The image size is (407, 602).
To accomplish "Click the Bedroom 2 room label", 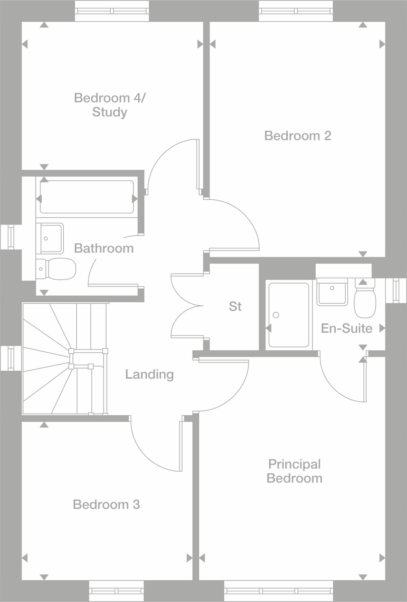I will pos(297,136).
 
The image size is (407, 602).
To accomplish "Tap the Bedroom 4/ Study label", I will pos(110,105).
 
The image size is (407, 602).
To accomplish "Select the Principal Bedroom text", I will pos(294,471).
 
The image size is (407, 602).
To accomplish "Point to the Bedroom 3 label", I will pos(106,504).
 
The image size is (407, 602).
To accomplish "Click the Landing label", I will pos(149,374).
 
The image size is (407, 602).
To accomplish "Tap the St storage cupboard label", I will pos(235,306).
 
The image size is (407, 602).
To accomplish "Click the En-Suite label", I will pos(346,328).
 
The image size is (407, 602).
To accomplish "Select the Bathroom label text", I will pos(104,248).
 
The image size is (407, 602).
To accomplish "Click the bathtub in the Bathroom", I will pos(87,197).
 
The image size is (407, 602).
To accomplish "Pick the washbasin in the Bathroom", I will pos(50,238).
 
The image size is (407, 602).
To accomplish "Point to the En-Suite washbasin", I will pos(332,293).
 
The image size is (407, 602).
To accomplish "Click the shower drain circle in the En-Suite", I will pos(276,315).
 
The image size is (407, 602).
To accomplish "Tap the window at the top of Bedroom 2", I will pos(296,11).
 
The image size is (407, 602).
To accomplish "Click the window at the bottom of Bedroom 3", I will pos(116,591).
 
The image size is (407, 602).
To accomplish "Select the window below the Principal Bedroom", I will pos(278,591).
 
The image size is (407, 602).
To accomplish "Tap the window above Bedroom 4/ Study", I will pos(112,11).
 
